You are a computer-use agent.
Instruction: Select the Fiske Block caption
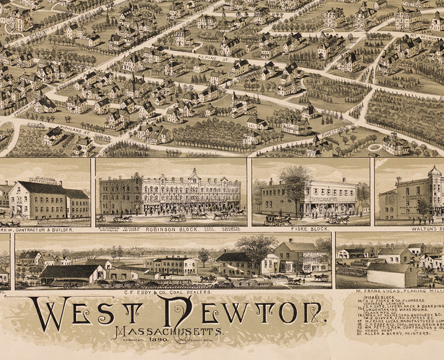click(310, 229)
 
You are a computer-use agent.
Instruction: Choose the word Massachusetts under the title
click(169, 332)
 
